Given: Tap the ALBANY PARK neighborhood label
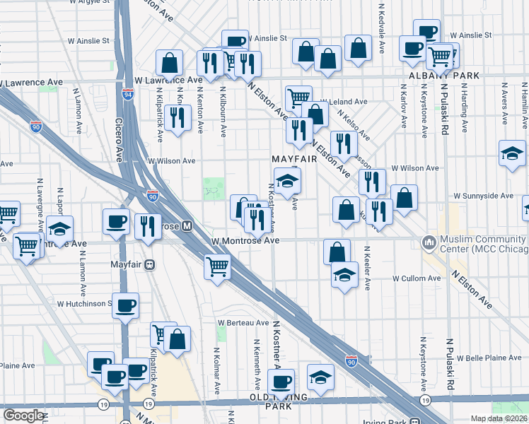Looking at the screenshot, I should [x=444, y=76].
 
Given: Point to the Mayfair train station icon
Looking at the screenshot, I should [x=149, y=265].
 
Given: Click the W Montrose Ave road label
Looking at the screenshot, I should [x=245, y=241].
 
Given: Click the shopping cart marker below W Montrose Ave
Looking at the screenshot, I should [x=217, y=267].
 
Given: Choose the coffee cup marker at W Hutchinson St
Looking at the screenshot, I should [x=125, y=305].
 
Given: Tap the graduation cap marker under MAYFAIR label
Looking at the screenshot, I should [x=287, y=182].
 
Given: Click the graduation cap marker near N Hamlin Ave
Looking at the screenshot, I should [x=512, y=153].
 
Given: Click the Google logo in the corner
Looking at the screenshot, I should [x=23, y=416].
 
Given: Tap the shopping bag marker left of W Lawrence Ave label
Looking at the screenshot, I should [x=170, y=63].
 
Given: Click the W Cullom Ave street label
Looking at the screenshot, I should [x=400, y=279].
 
